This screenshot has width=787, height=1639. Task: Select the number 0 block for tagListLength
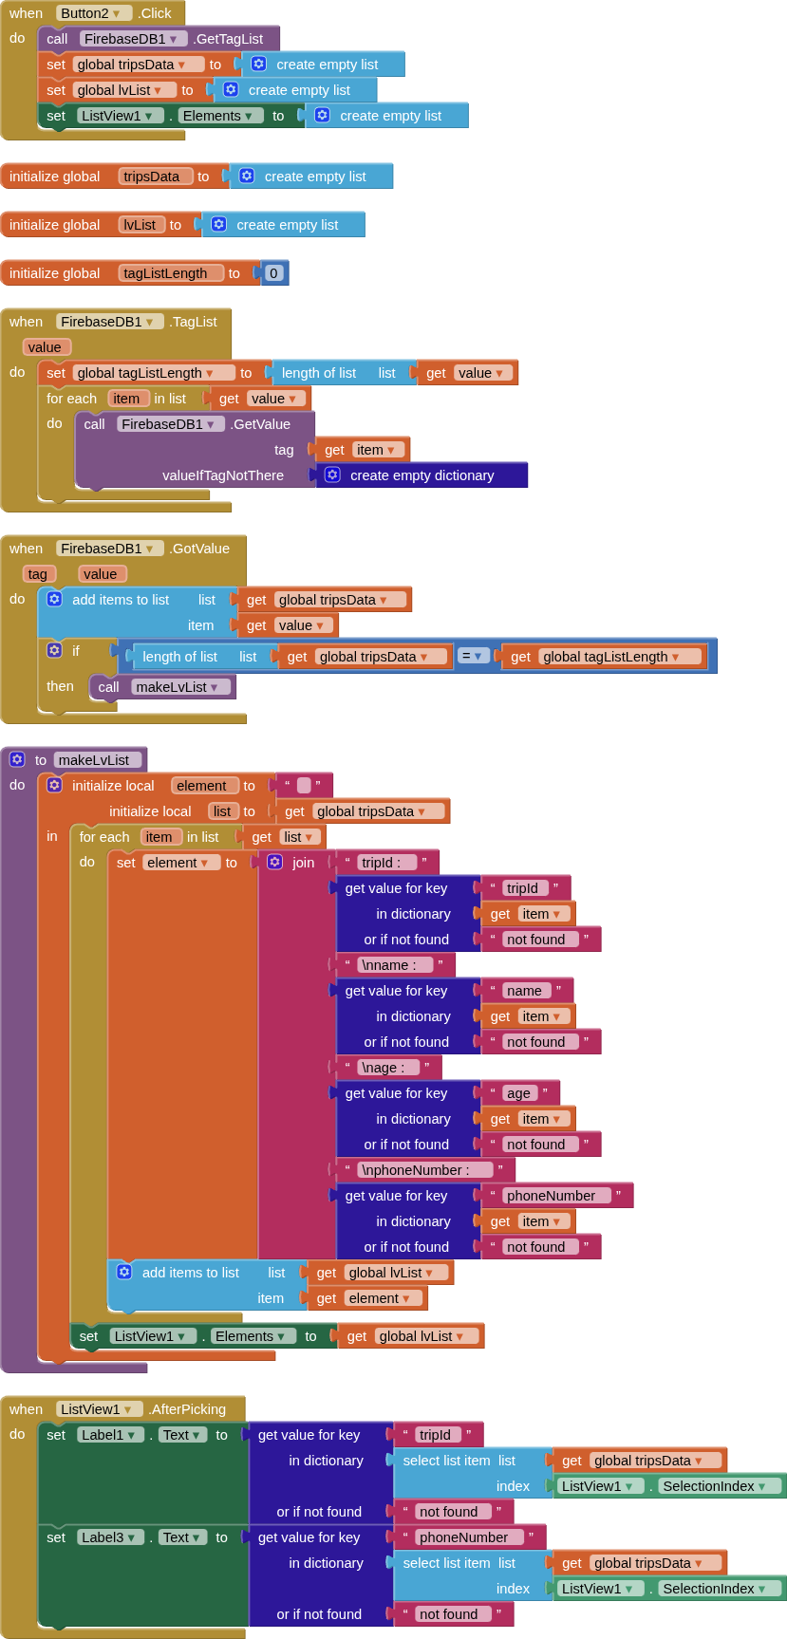coord(273,273)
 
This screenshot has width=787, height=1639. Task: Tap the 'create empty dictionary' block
coord(422,475)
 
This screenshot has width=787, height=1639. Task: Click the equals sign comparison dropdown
coord(473,656)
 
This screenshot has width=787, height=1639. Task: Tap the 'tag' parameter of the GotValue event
coord(38,574)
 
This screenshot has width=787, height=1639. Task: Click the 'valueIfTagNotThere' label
coord(223,475)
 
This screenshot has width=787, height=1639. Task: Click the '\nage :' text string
coord(388,1068)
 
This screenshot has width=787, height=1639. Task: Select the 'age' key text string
coord(519,1093)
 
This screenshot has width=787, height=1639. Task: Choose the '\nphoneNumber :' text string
coord(422,1170)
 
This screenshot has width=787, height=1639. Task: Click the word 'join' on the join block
coord(304,863)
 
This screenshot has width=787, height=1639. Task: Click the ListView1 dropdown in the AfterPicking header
coord(100,1409)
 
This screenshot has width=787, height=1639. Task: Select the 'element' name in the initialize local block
coord(204,786)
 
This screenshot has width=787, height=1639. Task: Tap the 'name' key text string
coord(525,991)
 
